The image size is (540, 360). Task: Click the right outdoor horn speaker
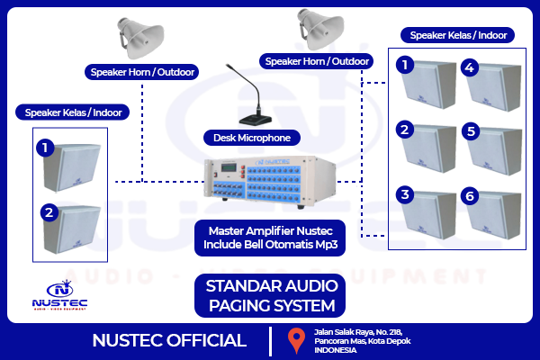[x=318, y=30]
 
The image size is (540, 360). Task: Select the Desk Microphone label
[x=252, y=138]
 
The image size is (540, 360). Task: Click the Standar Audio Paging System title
[x=271, y=296]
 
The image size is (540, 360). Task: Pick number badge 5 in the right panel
[x=470, y=130]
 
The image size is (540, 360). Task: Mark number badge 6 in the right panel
[x=470, y=195]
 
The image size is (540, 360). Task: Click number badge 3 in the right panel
[x=406, y=195]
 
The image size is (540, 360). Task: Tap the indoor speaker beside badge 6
[x=499, y=214]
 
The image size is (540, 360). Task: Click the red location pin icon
[x=294, y=341]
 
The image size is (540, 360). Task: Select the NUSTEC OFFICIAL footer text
[x=169, y=341]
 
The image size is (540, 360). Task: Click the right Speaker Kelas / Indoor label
[x=457, y=35]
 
